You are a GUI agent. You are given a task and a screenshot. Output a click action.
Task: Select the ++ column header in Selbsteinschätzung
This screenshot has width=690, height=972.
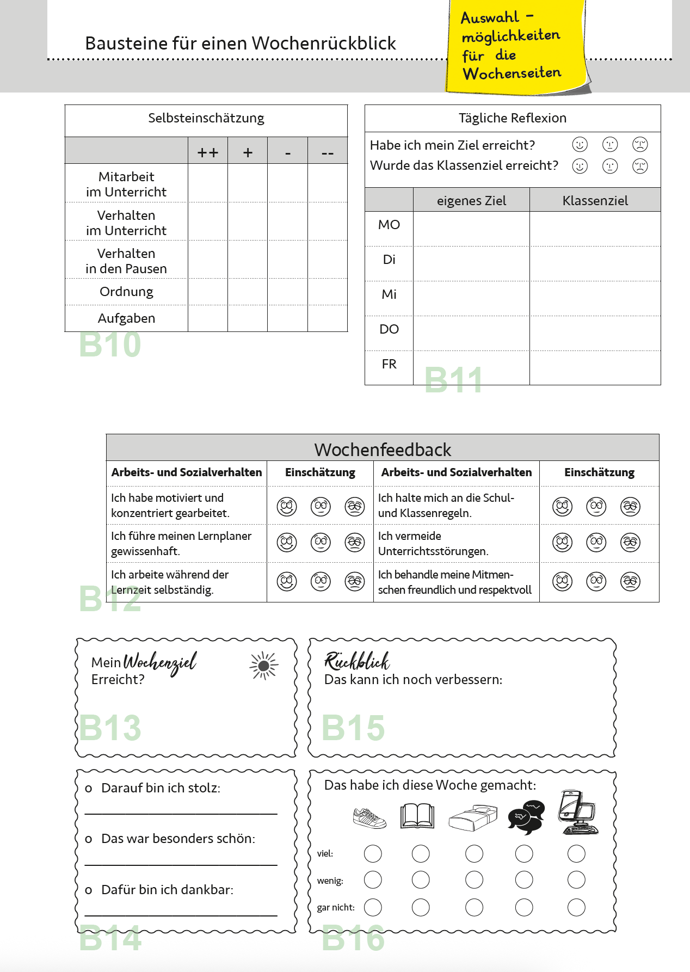coord(208,152)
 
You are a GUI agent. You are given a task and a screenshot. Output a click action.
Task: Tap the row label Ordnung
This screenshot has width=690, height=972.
coord(126,292)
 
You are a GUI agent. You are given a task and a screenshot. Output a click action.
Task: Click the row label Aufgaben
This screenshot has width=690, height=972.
coord(126,318)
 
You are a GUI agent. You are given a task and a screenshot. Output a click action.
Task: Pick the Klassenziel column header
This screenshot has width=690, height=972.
coord(595,201)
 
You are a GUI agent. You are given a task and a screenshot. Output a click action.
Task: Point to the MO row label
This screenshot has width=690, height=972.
coord(389,225)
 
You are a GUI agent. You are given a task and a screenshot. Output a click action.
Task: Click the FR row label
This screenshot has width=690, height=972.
coord(389,364)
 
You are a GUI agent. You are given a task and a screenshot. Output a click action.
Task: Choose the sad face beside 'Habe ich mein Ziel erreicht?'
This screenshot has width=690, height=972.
coord(640,144)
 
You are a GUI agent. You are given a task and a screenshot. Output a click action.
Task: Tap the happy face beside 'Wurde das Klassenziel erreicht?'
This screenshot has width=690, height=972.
coord(580,165)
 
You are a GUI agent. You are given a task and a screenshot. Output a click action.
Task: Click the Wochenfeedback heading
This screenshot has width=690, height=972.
coord(383,450)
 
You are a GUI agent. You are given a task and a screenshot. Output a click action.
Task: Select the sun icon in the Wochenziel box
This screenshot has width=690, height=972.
coord(264,666)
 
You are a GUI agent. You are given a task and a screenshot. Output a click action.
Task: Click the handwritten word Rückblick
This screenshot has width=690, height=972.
coord(357,661)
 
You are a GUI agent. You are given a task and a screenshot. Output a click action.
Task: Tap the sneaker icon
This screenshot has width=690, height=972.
coord(369,817)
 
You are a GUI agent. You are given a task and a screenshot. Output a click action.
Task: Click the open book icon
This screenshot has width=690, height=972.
coord(417,816)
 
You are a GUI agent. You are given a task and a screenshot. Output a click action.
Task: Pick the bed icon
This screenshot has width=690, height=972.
coord(473,817)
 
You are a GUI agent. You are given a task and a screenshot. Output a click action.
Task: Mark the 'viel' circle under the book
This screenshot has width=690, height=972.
coord(421,853)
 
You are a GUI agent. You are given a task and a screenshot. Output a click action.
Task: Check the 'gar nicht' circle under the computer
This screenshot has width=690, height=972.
coord(576,907)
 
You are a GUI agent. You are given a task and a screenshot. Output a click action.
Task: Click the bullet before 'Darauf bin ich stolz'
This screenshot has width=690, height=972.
coord(89,789)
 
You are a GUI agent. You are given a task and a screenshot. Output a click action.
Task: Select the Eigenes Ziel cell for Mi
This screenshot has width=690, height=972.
coord(471,298)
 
